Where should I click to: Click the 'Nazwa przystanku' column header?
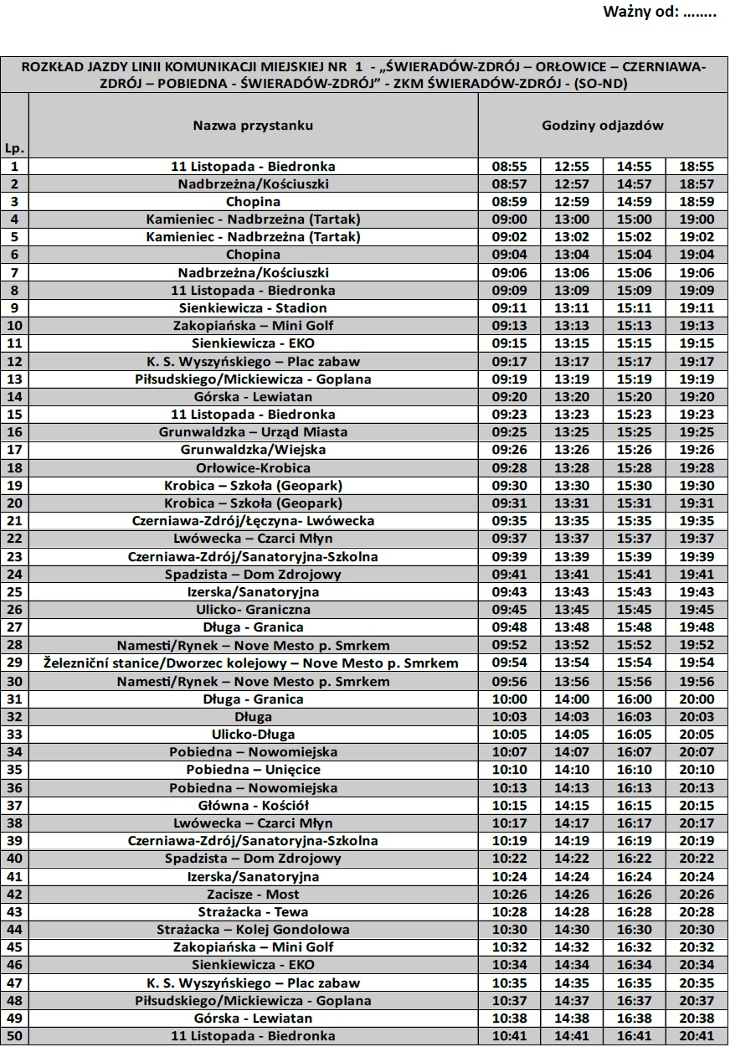point(253,126)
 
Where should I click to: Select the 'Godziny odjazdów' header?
point(602,126)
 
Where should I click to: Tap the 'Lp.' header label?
point(14,148)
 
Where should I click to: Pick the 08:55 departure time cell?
point(509,167)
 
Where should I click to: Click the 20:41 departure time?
point(697,1036)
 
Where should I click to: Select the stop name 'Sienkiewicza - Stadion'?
point(253,308)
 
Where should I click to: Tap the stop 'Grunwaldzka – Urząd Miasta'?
point(253,432)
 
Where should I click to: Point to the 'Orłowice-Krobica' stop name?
point(253,467)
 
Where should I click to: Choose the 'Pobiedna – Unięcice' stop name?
point(253,770)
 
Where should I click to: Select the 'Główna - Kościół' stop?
point(253,805)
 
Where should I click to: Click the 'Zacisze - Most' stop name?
point(253,895)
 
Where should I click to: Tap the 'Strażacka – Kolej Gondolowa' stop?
point(253,930)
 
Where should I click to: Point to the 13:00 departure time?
point(572,219)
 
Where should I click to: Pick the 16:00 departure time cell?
point(634,699)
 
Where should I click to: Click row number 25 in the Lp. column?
point(14,592)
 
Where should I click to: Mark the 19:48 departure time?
point(697,627)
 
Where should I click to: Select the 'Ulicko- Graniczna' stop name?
point(253,610)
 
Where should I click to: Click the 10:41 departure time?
point(509,1036)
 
